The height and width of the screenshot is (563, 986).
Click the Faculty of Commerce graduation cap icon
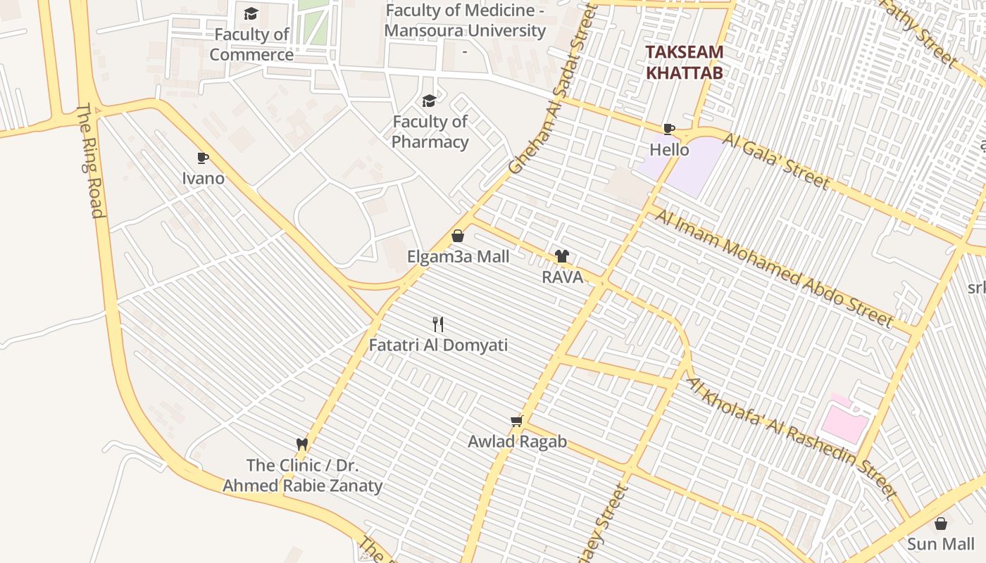pos(251,14)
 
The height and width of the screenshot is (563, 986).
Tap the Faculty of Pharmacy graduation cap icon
pos(429,101)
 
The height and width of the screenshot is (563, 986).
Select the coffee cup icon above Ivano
pos(203,158)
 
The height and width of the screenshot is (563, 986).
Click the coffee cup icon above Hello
pos(669,129)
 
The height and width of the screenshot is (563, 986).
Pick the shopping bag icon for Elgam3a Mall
pos(458,236)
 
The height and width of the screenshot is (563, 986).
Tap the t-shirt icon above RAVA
pos(561,256)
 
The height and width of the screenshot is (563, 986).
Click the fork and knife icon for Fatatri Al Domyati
pos(438,324)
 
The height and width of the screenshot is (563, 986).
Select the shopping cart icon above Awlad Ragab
pos(517,421)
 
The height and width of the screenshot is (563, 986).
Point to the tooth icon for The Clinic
pos(302,444)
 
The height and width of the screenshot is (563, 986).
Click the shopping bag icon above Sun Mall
pos(940,524)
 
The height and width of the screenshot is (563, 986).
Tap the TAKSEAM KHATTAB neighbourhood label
pos(685,62)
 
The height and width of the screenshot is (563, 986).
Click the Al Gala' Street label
pos(775,161)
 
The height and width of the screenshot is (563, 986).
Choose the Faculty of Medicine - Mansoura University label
pos(465,21)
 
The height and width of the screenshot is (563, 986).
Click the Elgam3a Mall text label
pos(458,257)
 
